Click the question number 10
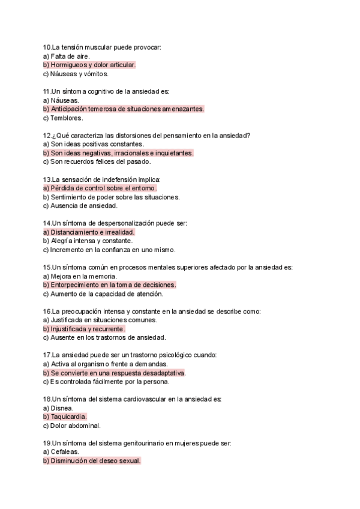tap(47, 47)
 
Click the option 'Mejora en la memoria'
tap(79, 277)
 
